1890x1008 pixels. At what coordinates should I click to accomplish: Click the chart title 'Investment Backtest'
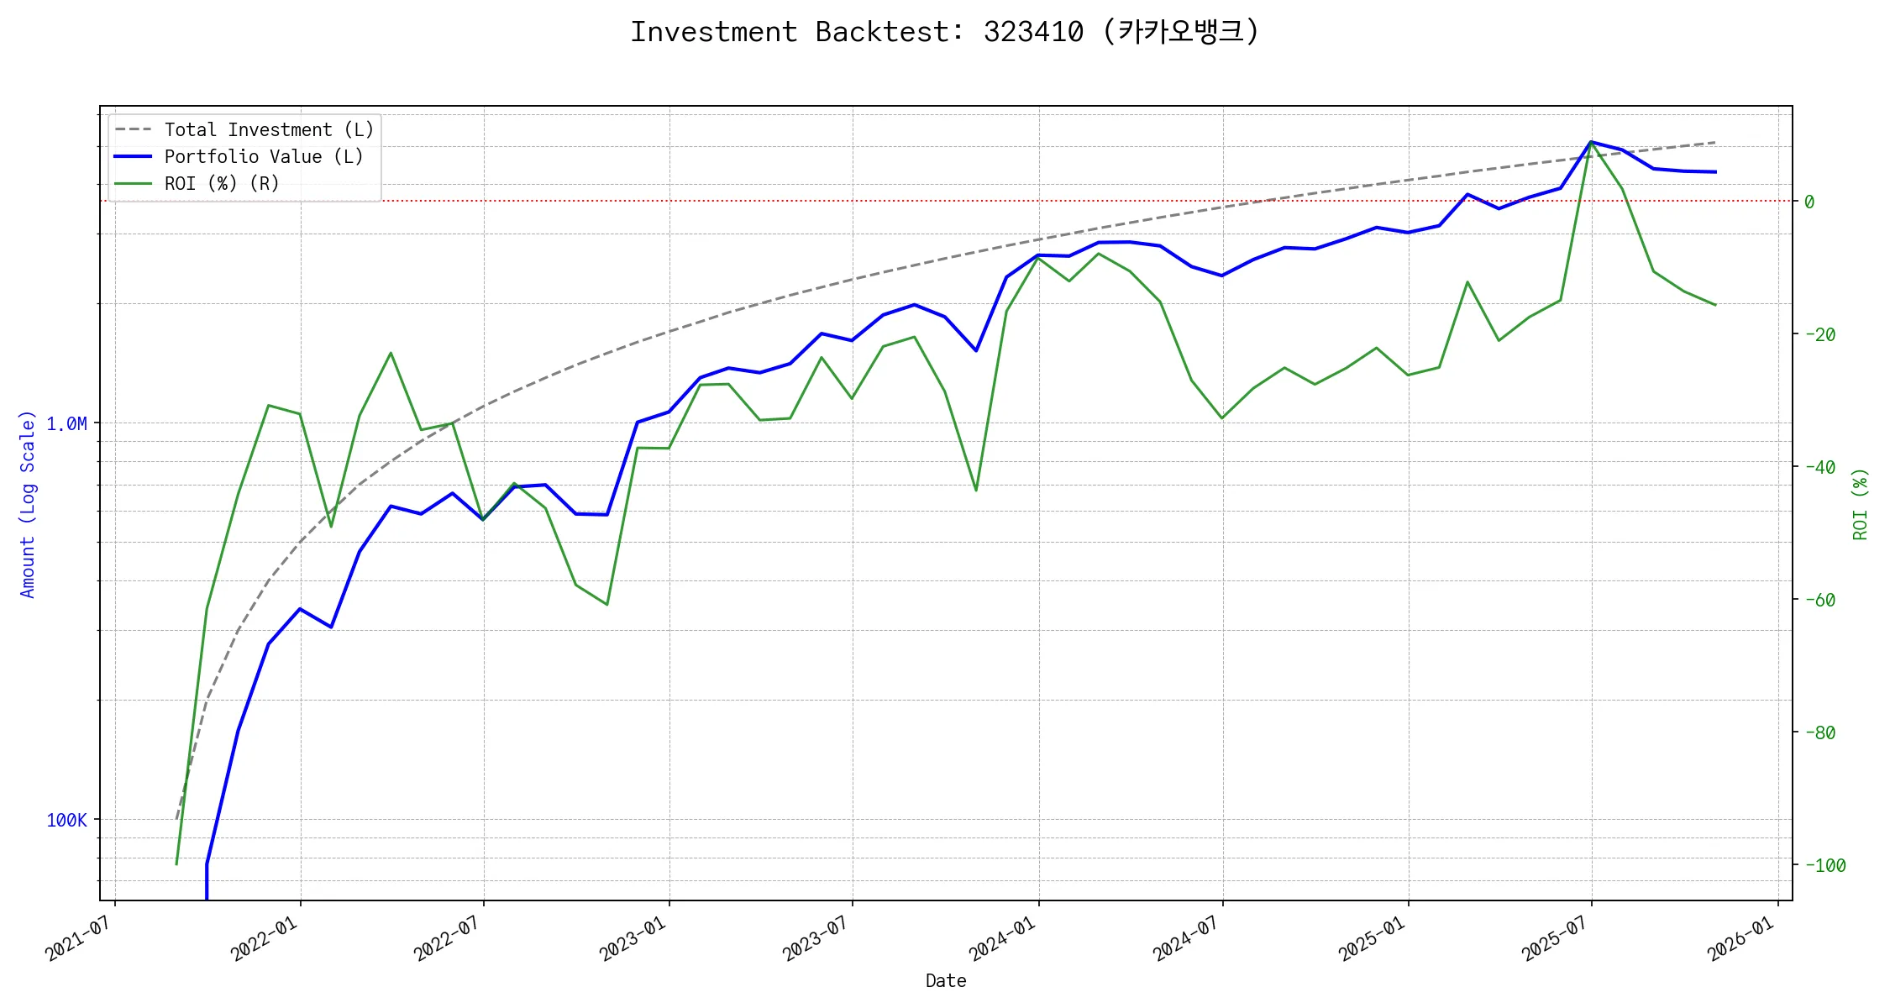pyautogui.click(x=944, y=32)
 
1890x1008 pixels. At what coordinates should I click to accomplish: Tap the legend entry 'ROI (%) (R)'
pyautogui.click(x=221, y=184)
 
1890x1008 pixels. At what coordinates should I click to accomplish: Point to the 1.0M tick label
pyautogui.click(x=66, y=424)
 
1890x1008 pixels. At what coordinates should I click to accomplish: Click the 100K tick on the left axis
pyautogui.click(x=66, y=821)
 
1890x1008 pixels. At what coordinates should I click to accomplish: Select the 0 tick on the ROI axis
pyautogui.click(x=1809, y=202)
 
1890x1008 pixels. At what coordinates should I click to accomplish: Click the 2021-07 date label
pyautogui.click(x=78, y=938)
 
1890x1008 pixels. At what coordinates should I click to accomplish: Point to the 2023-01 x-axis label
pyautogui.click(x=633, y=938)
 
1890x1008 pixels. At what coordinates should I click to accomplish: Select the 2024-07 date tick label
pyautogui.click(x=1185, y=938)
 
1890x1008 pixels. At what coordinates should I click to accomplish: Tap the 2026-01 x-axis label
pyautogui.click(x=1741, y=938)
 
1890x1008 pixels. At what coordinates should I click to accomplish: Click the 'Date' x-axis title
pyautogui.click(x=945, y=981)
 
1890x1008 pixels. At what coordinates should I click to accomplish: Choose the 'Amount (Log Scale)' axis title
pyautogui.click(x=28, y=504)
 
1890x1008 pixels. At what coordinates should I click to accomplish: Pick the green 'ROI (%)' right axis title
pyautogui.click(x=1860, y=504)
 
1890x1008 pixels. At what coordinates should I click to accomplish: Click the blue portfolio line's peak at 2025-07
pyautogui.click(x=1591, y=142)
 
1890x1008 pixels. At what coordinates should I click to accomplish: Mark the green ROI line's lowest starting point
pyautogui.click(x=176, y=864)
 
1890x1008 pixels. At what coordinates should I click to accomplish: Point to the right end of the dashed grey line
pyautogui.click(x=1715, y=143)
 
